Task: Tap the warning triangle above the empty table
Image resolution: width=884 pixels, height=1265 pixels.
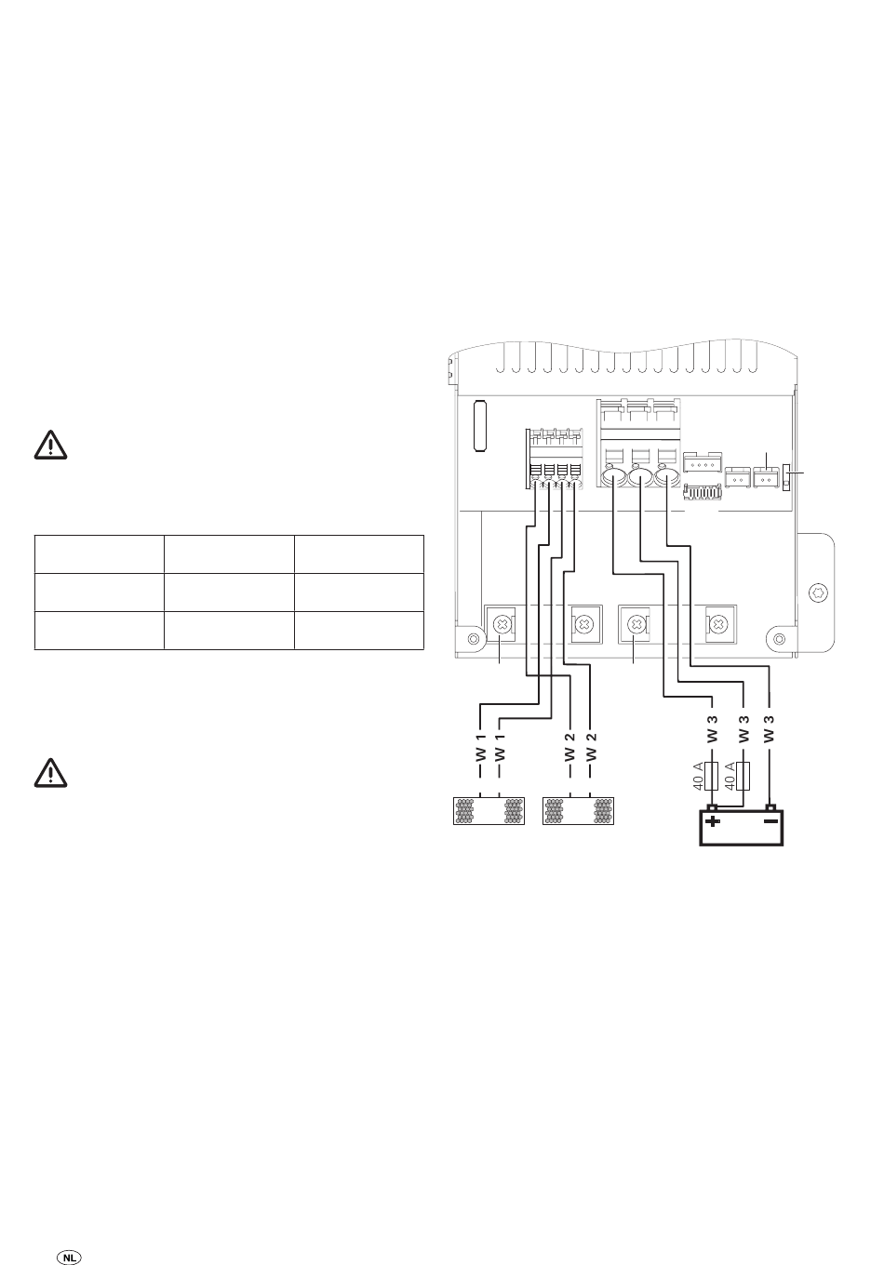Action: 51,445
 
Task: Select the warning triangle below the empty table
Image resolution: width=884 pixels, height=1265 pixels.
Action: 51,772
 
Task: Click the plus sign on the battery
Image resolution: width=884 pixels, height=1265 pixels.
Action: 713,820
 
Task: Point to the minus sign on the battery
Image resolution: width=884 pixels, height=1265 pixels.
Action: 771,820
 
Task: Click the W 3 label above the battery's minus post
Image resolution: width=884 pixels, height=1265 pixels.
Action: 769,728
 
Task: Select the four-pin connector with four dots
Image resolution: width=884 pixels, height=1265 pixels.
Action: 703,463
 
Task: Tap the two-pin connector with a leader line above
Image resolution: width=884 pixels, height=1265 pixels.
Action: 766,477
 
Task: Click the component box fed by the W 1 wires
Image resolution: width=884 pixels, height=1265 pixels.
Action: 489,810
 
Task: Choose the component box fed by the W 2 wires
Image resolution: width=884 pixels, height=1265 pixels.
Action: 578,810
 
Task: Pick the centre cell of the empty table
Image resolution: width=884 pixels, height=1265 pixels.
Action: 229,593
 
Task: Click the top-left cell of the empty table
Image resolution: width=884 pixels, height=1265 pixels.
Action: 100,554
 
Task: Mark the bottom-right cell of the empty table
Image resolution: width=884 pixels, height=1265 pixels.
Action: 359,631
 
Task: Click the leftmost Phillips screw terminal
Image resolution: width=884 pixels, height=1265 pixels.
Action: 501,625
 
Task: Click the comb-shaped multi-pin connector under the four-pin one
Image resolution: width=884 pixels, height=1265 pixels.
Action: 703,492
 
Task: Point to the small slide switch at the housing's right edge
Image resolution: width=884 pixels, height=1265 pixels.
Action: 785,477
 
